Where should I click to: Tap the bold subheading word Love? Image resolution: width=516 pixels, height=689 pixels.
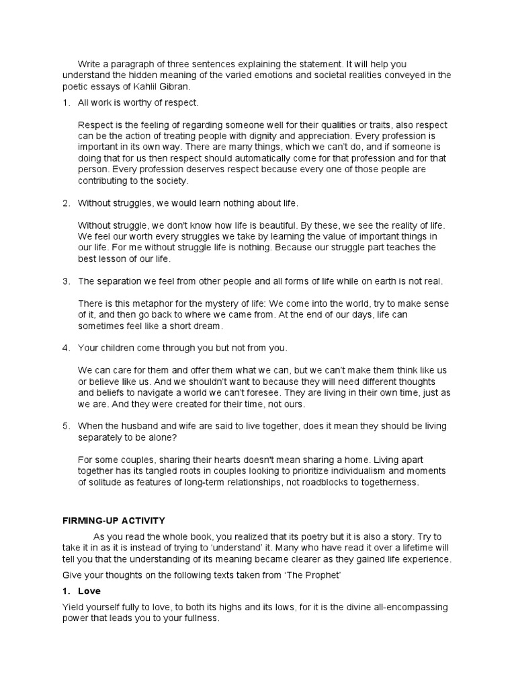tap(89, 591)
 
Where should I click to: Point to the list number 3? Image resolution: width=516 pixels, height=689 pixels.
tap(66, 281)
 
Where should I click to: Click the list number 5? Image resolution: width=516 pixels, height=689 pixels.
tap(66, 426)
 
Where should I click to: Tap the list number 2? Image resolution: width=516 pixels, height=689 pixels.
tap(66, 203)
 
